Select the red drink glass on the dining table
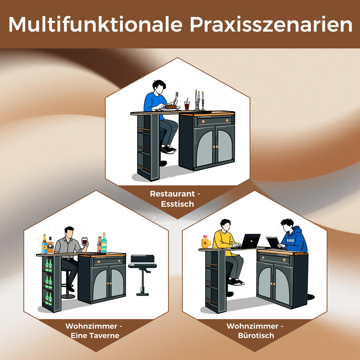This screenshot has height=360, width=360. coord(187,106)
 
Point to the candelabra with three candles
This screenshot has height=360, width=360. coord(199,100)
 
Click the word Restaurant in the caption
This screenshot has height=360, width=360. coord(172,194)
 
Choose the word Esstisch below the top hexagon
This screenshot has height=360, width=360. coord(177,204)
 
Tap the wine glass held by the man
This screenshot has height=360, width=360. coord(85,241)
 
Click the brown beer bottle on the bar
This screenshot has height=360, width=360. coord(99,244)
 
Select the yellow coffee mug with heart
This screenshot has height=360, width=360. coord(205,242)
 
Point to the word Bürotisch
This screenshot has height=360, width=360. coord(256,335)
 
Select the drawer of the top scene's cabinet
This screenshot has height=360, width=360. coord(214,121)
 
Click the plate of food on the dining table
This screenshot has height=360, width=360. coord(170,107)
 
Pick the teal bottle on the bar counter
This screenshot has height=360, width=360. coord(104,243)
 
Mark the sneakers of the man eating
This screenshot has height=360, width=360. coord(168,149)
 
